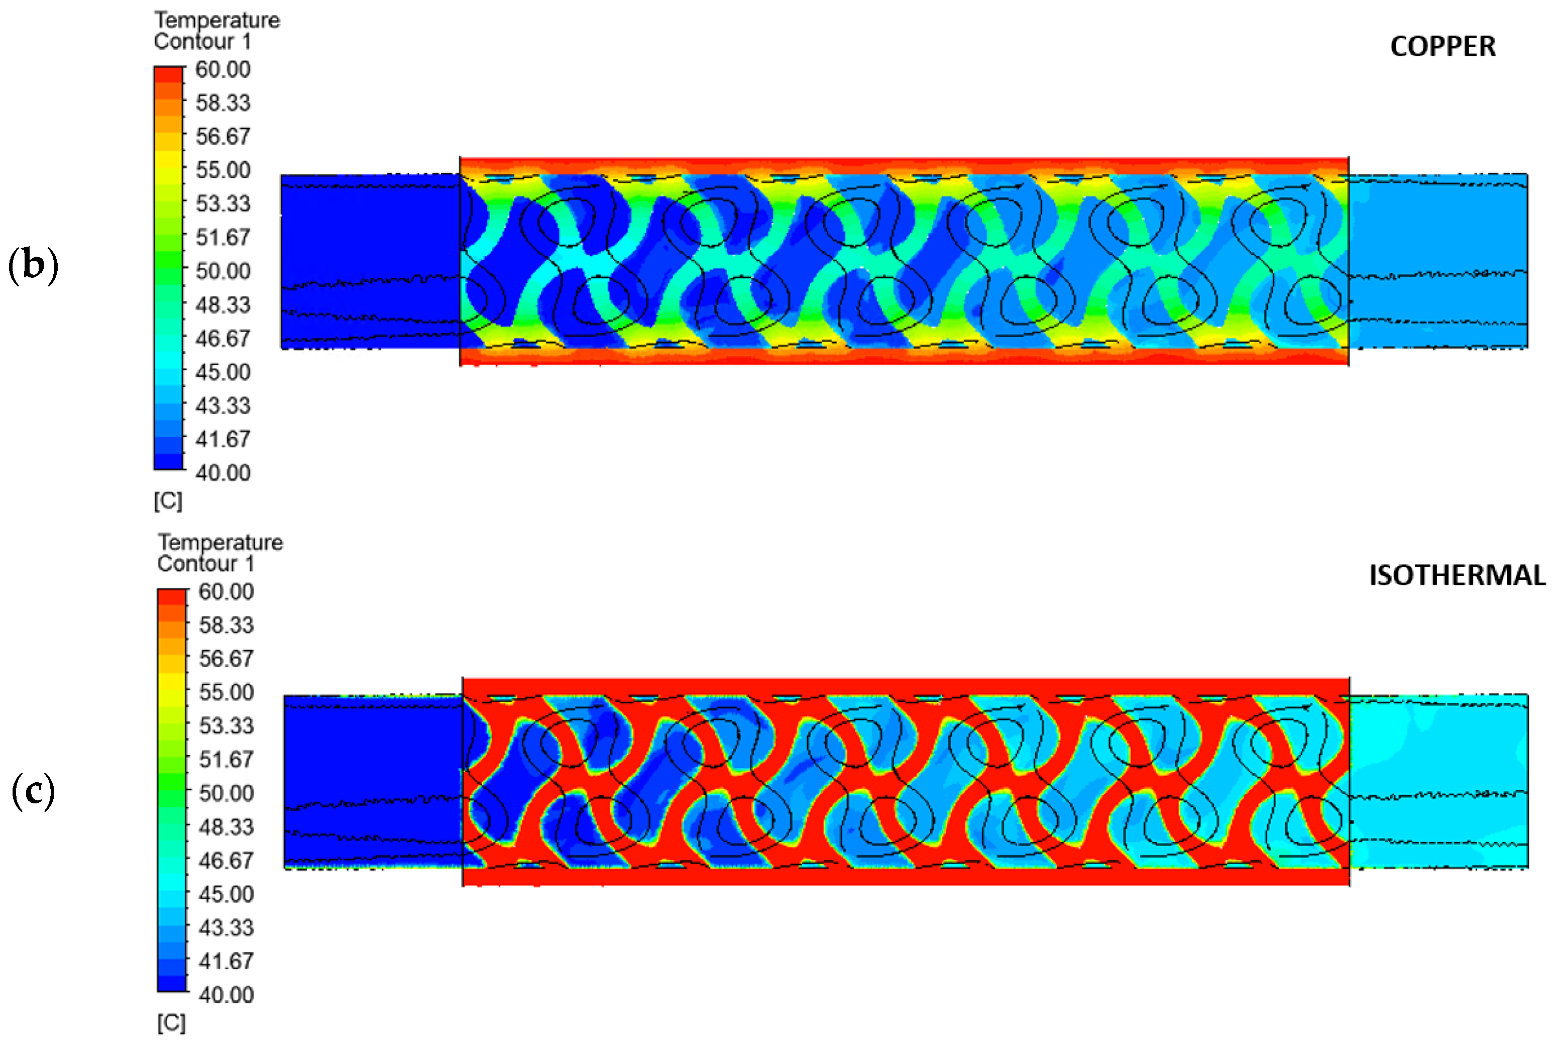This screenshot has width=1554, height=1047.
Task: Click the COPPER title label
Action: click(x=1442, y=47)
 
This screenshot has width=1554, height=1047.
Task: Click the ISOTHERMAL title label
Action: click(x=1457, y=576)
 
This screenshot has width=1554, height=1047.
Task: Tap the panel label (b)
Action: click(x=33, y=265)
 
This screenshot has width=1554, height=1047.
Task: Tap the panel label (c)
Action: click(x=33, y=791)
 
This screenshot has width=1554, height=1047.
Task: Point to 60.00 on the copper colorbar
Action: click(x=223, y=69)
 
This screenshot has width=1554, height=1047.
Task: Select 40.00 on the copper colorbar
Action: click(x=223, y=472)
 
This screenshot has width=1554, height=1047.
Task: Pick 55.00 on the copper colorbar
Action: click(x=223, y=170)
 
